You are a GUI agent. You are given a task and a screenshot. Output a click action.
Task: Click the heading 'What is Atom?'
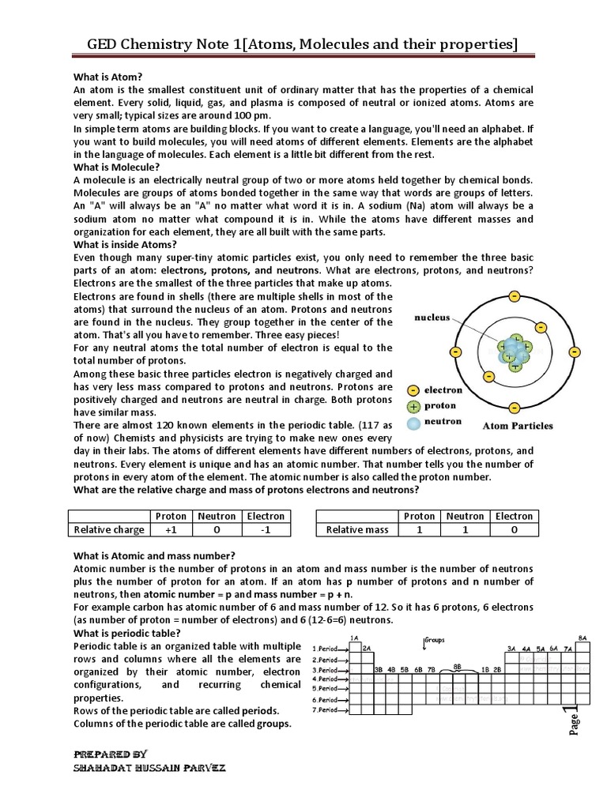pos(107,77)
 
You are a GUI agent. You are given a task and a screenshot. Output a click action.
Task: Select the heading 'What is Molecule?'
pos(116,167)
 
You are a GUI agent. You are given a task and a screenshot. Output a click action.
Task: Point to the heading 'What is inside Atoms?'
pos(125,245)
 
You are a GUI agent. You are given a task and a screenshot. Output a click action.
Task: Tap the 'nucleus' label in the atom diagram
pos(432,318)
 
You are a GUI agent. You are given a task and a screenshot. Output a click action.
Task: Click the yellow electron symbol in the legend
pos(413,390)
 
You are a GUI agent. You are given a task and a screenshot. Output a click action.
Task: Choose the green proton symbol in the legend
pos(413,406)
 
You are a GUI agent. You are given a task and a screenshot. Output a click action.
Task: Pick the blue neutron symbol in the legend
pos(413,423)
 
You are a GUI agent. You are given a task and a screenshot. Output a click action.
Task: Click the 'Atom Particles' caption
pos(518,426)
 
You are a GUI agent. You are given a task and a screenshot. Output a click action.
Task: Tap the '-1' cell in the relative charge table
pos(266,530)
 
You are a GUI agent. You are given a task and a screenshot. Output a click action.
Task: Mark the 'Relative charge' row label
pos(108,530)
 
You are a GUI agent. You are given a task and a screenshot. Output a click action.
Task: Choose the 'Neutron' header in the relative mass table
pos(466,516)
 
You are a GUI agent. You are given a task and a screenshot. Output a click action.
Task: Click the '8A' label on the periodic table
pos(582,637)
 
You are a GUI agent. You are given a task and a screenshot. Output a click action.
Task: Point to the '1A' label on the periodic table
pos(354,638)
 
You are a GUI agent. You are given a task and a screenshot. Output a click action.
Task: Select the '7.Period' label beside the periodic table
pos(326,710)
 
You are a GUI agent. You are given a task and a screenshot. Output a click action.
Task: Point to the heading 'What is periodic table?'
pos(126,634)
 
